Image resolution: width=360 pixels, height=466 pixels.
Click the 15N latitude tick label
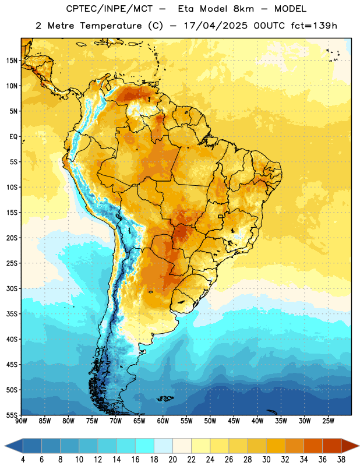click(x=12, y=61)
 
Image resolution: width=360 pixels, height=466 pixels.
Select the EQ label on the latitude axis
click(x=13, y=137)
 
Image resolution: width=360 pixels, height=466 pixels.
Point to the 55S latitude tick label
click(x=12, y=415)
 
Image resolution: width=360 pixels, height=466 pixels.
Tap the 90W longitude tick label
click(x=21, y=421)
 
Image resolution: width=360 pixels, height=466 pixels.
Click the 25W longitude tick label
click(x=328, y=421)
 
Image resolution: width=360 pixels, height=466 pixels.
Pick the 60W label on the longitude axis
click(x=163, y=421)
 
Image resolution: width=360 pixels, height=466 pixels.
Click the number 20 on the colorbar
click(x=172, y=460)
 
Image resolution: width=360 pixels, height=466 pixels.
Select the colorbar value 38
click(x=341, y=460)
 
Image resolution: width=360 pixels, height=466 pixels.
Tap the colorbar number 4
click(x=23, y=460)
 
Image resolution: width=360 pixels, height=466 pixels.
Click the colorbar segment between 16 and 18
click(x=144, y=446)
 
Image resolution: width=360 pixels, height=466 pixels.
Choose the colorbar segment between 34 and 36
click(x=313, y=446)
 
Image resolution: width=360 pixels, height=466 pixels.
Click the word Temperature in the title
click(x=111, y=26)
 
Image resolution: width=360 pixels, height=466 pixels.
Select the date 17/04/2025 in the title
click(x=216, y=26)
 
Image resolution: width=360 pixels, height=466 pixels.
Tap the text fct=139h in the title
click(x=314, y=26)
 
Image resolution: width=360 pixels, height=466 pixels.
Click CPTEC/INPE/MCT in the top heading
click(x=109, y=9)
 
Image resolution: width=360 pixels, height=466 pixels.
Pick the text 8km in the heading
click(x=243, y=9)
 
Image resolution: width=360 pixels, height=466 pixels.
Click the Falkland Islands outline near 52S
click(x=165, y=398)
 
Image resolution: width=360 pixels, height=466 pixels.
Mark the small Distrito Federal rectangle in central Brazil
click(x=221, y=216)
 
